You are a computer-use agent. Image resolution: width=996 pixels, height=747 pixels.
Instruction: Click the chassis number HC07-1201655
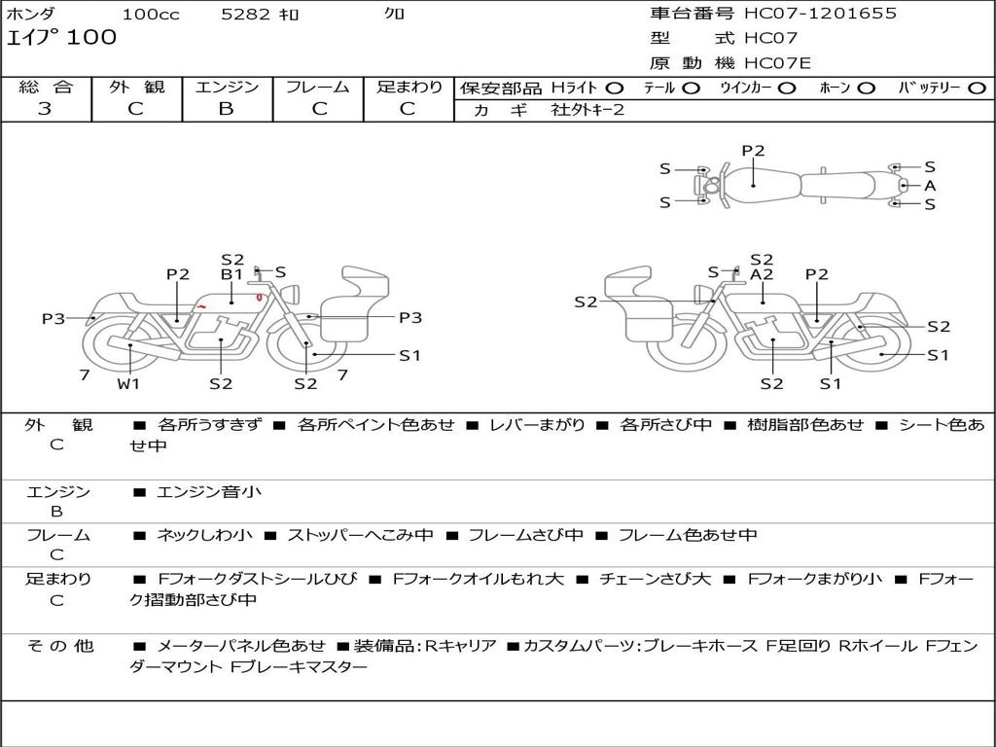[820, 14]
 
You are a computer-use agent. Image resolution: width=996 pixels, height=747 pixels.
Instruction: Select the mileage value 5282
[246, 14]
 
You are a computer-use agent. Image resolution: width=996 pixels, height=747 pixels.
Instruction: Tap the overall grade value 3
[45, 109]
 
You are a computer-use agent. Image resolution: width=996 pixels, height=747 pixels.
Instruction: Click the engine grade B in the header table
[226, 109]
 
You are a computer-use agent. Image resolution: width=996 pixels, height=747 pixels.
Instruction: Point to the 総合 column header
[46, 87]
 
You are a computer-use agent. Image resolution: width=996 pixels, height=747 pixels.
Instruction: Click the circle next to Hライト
[615, 89]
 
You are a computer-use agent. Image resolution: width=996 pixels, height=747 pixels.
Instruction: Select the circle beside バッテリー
[977, 89]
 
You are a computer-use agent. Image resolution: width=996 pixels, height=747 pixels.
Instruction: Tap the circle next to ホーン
[867, 89]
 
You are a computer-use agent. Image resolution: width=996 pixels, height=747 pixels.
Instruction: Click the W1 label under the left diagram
[128, 383]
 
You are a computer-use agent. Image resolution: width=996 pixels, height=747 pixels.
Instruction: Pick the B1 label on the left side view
[231, 274]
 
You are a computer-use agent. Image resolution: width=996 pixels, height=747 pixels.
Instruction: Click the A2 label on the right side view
[762, 274]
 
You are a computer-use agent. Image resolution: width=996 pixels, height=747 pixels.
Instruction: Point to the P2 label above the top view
[754, 151]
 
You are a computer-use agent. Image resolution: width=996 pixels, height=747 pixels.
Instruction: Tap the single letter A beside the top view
[930, 186]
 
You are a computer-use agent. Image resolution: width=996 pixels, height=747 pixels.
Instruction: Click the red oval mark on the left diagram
[259, 297]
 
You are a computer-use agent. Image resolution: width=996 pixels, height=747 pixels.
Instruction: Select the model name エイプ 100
[61, 38]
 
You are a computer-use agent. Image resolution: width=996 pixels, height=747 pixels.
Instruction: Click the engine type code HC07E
[777, 63]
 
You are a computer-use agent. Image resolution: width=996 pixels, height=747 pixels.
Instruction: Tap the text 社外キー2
[587, 110]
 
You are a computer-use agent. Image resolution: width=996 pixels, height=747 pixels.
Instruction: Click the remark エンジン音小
[208, 491]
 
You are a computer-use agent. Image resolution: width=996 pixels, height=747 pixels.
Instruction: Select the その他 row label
[60, 646]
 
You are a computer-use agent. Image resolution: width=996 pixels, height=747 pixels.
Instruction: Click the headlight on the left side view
[292, 294]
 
